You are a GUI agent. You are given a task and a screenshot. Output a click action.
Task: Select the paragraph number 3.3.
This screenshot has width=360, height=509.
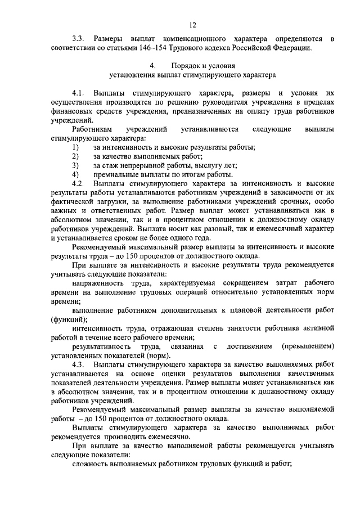pyautogui.click(x=78, y=39)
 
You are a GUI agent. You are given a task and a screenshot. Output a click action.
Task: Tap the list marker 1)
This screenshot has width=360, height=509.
pyautogui.click(x=75, y=147)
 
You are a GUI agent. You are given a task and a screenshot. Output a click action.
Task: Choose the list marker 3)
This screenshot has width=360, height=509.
pyautogui.click(x=75, y=165)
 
